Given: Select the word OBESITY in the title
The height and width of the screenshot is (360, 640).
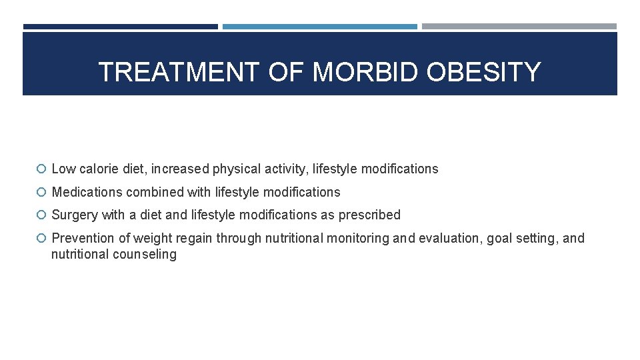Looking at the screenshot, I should [483, 72].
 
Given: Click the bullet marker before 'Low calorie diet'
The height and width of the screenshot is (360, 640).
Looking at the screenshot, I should [42, 169].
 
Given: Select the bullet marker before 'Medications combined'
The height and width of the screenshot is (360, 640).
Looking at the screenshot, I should [42, 193].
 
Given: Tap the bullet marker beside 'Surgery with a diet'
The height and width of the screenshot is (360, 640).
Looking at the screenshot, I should [42, 215].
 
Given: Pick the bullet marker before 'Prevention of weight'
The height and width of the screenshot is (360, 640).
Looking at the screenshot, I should [42, 239].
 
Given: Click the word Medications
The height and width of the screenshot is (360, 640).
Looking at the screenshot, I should [86, 193].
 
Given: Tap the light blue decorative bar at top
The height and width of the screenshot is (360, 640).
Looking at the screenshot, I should [319, 27].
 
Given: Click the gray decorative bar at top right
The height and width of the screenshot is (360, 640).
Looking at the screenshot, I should [519, 27].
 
